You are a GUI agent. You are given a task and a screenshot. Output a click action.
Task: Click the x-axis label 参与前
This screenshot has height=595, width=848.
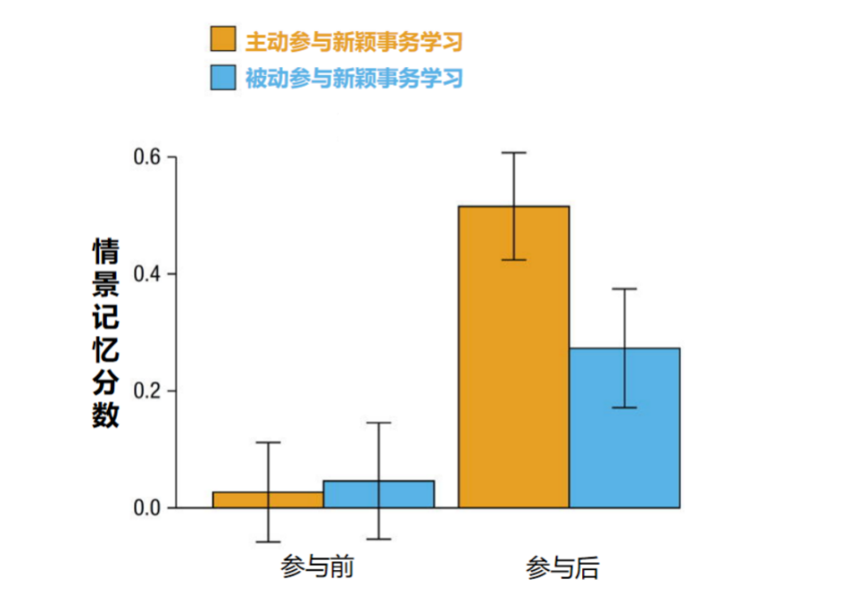318,567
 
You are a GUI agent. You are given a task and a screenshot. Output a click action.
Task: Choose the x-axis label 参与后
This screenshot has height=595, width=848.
563,567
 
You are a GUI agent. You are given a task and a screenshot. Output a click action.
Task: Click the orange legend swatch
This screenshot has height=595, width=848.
223,39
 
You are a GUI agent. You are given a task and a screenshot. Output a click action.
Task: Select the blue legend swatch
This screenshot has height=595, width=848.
223,77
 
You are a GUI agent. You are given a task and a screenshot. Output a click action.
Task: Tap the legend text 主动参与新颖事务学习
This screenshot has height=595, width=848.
354,41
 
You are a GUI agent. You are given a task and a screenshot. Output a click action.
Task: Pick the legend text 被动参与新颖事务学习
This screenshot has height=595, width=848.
354,79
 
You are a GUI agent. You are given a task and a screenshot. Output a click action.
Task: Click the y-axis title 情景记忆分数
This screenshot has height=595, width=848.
106,333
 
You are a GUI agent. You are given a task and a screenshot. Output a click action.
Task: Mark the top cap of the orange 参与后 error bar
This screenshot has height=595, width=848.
513,153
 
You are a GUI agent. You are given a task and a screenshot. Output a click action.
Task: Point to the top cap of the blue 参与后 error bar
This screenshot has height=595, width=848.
625,289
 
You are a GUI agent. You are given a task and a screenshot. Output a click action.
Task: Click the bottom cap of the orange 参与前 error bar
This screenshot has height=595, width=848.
268,542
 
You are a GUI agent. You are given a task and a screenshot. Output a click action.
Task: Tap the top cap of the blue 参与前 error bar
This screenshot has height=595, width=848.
379,423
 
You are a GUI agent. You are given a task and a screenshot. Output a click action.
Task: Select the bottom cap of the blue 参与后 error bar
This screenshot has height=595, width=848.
625,408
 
